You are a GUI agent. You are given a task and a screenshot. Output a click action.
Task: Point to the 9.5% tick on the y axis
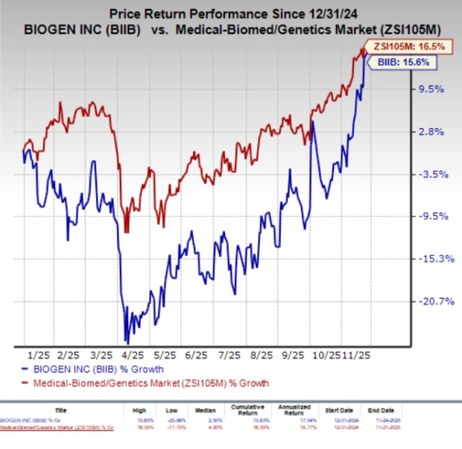tap(431, 89)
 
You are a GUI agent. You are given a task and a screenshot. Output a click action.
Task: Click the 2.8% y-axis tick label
tap(431, 132)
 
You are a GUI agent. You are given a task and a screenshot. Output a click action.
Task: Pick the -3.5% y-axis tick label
tap(431, 174)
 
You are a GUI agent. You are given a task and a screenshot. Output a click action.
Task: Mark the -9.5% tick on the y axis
tap(431, 217)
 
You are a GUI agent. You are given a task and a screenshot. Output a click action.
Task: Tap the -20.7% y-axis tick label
tap(429, 302)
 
